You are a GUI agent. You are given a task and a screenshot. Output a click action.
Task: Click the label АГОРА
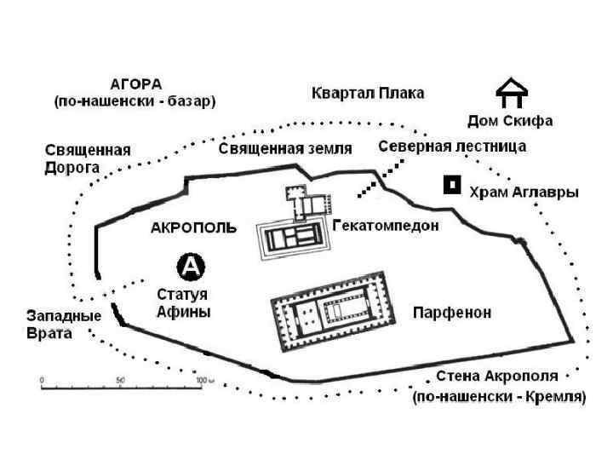click(x=135, y=83)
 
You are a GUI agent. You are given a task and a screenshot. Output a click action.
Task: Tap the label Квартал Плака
click(x=368, y=92)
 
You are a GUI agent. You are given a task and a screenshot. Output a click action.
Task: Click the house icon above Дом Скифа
click(x=511, y=94)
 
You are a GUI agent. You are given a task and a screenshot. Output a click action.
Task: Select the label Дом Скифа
click(x=510, y=121)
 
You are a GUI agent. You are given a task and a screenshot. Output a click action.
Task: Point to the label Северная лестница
click(x=452, y=147)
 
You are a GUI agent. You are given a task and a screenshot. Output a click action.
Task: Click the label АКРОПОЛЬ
click(x=193, y=228)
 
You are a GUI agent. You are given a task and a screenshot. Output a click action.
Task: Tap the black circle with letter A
click(x=191, y=267)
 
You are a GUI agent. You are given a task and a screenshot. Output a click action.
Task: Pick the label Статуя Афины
click(x=183, y=303)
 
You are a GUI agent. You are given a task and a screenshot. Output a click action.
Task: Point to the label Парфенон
click(x=452, y=313)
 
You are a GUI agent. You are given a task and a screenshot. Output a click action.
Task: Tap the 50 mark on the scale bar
click(x=121, y=379)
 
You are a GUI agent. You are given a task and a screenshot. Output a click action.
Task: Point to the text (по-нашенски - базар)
click(x=135, y=101)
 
